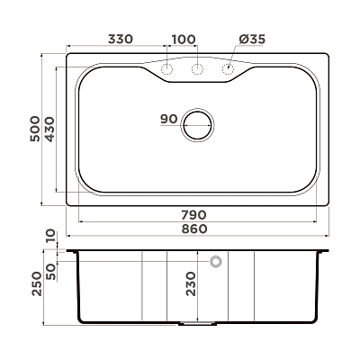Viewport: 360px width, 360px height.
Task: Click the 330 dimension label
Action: [120, 39]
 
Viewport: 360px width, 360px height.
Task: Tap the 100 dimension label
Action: [184, 39]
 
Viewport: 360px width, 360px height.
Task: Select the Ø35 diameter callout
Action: [252, 39]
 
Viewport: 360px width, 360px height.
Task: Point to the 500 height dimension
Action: [35, 129]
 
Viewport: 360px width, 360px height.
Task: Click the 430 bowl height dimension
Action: [49, 130]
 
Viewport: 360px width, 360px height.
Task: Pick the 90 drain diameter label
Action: [169, 119]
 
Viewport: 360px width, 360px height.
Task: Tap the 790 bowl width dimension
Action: [193, 215]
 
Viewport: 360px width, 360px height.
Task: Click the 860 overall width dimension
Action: [194, 229]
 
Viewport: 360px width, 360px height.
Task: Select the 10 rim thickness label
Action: [51, 236]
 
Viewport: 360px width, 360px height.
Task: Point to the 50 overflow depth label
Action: [51, 272]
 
